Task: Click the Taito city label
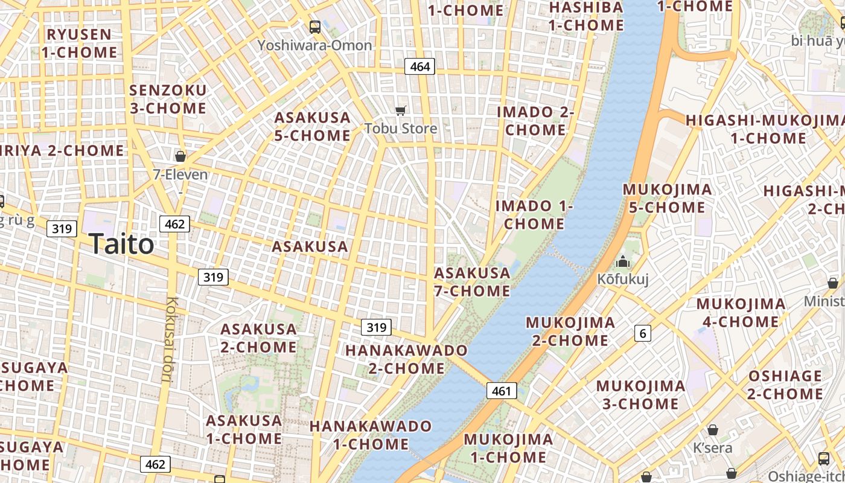[121, 245]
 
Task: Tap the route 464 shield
[419, 66]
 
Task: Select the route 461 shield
[501, 391]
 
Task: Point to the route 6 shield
[643, 333]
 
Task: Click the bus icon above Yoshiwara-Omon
[314, 27]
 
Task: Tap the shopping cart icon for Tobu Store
[400, 110]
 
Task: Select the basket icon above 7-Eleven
[180, 157]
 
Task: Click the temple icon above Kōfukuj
[622, 262]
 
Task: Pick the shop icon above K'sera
[712, 430]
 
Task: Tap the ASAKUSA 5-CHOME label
[312, 126]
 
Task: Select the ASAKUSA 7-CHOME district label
[472, 282]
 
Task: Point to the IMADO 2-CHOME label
[535, 121]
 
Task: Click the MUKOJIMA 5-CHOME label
[667, 198]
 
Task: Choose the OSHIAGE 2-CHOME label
[785, 385]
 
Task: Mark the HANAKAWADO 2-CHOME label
[406, 359]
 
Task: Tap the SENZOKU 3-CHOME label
[168, 100]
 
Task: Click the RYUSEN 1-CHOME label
[79, 43]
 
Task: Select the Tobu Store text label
[401, 128]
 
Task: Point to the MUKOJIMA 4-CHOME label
[741, 313]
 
